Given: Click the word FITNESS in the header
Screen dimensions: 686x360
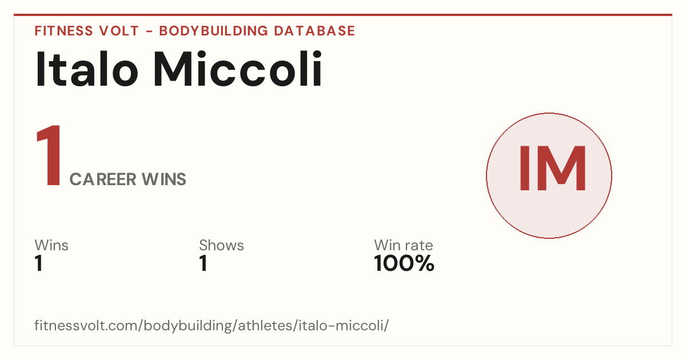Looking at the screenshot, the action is [x=63, y=31].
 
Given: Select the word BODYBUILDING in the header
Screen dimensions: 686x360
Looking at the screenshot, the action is [x=213, y=31].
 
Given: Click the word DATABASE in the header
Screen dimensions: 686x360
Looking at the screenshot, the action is [x=314, y=31].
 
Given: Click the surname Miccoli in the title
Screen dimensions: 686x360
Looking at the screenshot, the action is [x=238, y=69].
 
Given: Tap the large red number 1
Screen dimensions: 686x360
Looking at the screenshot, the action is [x=49, y=155].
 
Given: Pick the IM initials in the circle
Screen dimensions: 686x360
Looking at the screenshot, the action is [x=552, y=169].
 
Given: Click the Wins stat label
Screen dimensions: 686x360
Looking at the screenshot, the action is [x=51, y=245].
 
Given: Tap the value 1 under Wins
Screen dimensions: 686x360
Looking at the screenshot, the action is [x=39, y=263].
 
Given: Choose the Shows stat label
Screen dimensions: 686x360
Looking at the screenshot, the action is [x=221, y=245].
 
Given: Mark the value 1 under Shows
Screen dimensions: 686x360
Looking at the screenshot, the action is [x=204, y=263].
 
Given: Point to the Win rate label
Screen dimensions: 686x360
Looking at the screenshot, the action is [x=404, y=245].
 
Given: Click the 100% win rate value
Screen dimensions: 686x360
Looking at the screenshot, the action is [x=404, y=263].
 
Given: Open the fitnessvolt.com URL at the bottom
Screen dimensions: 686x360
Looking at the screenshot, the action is [x=212, y=325].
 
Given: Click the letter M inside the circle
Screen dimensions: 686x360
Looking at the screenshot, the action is [x=561, y=169].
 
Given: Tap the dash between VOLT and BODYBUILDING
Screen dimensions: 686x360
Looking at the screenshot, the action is [x=149, y=31].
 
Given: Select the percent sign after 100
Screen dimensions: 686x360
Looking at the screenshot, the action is [x=424, y=263].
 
